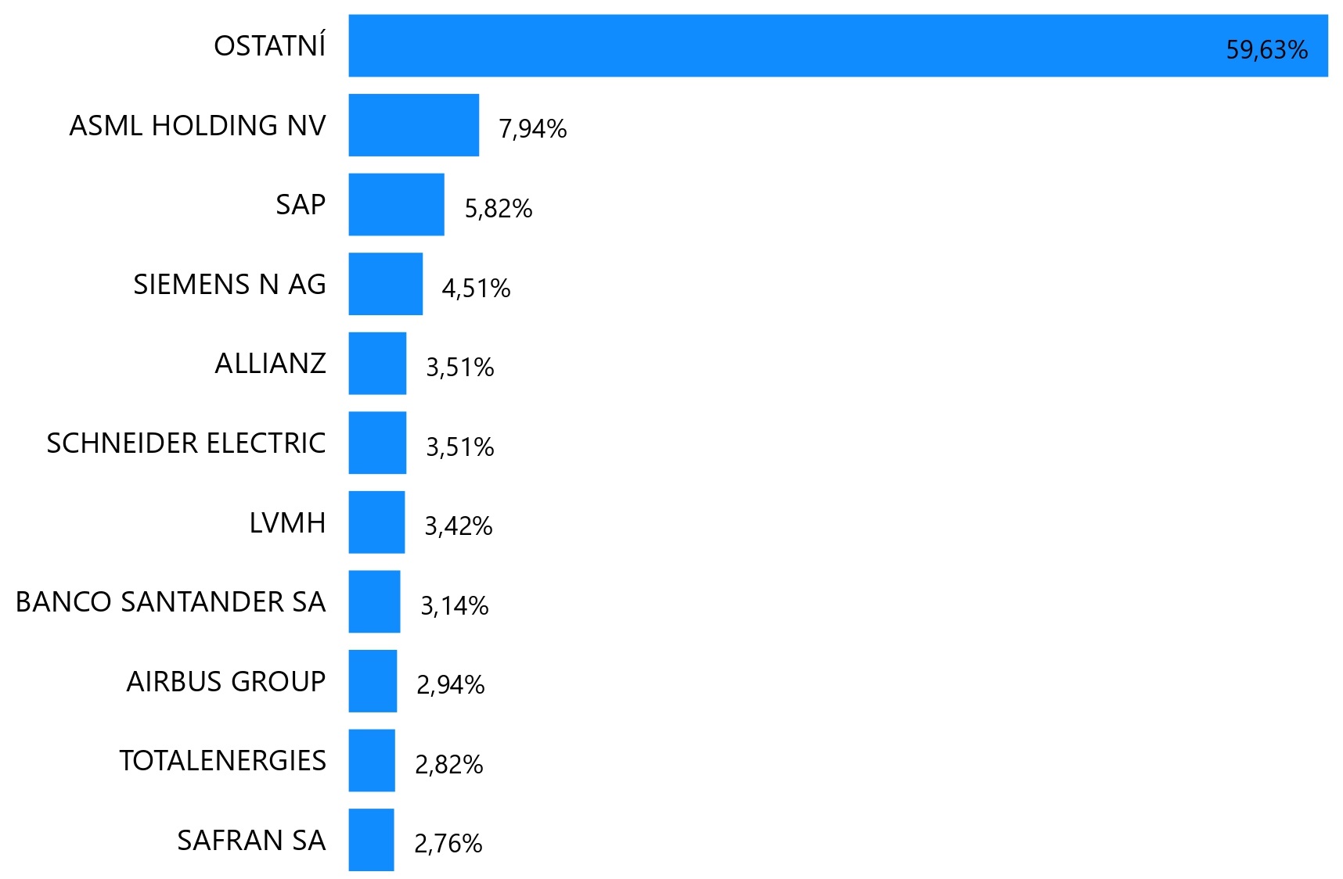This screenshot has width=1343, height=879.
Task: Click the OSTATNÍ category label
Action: [x=269, y=46]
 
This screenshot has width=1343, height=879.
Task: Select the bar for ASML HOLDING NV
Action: [x=413, y=125]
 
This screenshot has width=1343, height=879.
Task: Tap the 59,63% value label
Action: [x=1266, y=50]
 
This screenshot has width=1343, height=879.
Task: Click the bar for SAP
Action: [x=396, y=204]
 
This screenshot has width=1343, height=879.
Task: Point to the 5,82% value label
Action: [x=499, y=209]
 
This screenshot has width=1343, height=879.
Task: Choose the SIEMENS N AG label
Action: [x=229, y=284]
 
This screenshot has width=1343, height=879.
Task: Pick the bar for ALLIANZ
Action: [x=377, y=364]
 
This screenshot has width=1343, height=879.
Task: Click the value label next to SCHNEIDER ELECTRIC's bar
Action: [x=460, y=447]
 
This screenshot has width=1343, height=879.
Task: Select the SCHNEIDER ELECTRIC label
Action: [x=186, y=443]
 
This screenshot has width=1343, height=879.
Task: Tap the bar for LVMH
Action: [x=376, y=522]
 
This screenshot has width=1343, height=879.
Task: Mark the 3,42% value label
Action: [x=459, y=526]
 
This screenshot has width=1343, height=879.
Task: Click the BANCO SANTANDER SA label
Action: [x=171, y=601]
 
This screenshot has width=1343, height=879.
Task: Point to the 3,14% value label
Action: [x=455, y=606]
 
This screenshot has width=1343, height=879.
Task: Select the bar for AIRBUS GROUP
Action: [x=373, y=681]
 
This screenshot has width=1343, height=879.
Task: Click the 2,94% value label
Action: [x=451, y=685]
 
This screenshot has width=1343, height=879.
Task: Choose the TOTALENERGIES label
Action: [x=222, y=760]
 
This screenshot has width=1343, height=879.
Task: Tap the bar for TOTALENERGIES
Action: [x=372, y=760]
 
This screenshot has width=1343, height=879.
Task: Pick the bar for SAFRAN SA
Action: [x=371, y=840]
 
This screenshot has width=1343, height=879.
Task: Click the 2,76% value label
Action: [x=448, y=844]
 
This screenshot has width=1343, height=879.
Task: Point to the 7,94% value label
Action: [x=533, y=129]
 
